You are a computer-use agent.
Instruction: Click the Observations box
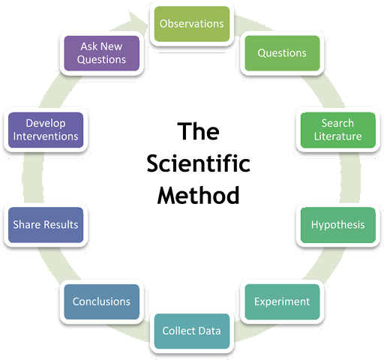pos(192,24)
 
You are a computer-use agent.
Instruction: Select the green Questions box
pos(282,53)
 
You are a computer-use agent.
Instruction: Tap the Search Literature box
pos(338,130)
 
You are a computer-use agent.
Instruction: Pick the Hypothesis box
pos(338,225)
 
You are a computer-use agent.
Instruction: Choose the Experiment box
pos(282,301)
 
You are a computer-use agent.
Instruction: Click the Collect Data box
pos(192,331)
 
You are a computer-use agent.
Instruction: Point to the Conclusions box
pos(101,301)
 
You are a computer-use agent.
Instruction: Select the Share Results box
pos(46,225)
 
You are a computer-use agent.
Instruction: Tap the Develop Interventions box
pos(46,130)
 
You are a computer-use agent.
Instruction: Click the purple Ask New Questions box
pos(101,53)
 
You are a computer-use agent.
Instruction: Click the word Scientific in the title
pos(198,163)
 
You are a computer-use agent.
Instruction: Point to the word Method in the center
pos(198,195)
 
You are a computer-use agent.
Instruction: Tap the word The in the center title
pos(198,131)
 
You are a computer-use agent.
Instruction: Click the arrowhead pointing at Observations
pos(137,20)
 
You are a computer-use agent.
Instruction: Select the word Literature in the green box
pos(338,136)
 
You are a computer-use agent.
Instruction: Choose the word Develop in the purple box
pos(46,124)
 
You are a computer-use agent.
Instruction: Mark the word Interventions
pos(46,136)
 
